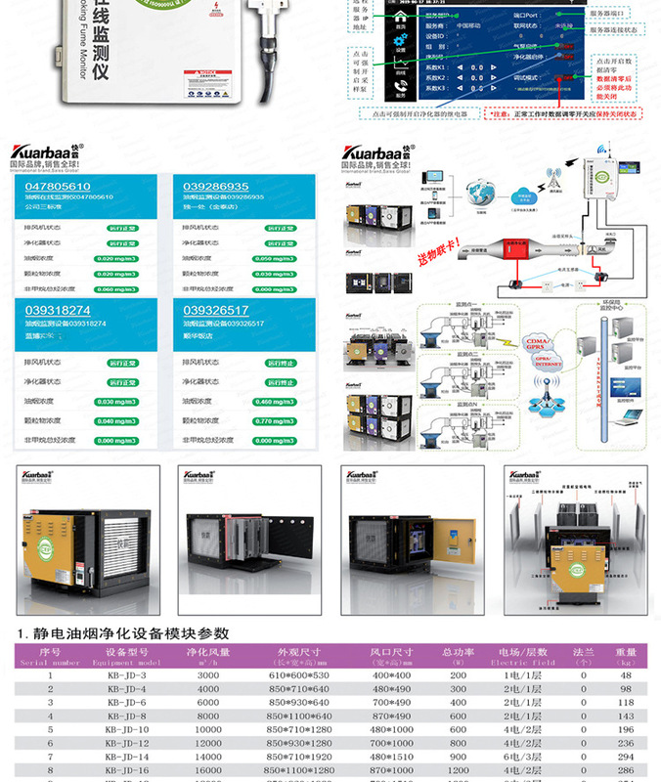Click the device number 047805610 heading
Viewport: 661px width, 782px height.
tap(58, 186)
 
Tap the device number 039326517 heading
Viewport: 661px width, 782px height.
tap(216, 311)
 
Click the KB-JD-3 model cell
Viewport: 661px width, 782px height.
tap(126, 675)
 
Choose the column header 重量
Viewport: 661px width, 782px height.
tap(626, 652)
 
